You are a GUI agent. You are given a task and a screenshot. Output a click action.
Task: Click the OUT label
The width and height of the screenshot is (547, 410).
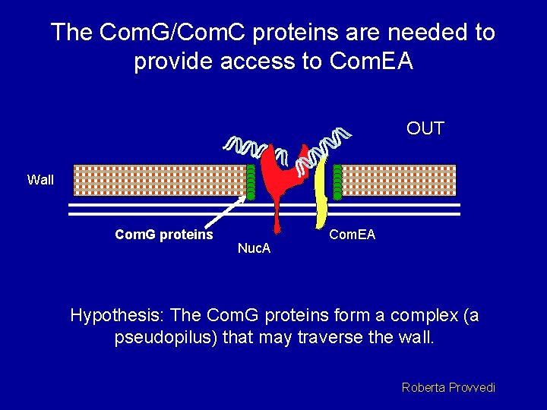click(x=425, y=129)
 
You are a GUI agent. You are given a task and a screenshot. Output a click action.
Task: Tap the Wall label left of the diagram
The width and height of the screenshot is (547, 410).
click(x=40, y=180)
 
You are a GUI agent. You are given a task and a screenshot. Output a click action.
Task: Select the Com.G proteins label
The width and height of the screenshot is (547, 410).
click(x=163, y=235)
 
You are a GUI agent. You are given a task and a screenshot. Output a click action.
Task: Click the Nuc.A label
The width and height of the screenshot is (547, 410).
click(x=255, y=248)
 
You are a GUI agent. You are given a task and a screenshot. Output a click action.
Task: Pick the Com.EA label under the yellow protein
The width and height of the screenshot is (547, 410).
click(x=352, y=235)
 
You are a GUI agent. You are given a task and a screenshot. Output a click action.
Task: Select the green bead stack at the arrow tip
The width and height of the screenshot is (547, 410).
click(x=251, y=181)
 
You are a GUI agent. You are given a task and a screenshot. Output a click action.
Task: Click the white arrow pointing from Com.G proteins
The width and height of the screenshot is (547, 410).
click(x=229, y=213)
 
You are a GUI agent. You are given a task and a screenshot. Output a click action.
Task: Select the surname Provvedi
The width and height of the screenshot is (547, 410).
click(x=472, y=387)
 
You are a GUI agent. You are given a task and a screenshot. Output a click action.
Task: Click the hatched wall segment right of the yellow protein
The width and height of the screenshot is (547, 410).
click(x=399, y=181)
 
